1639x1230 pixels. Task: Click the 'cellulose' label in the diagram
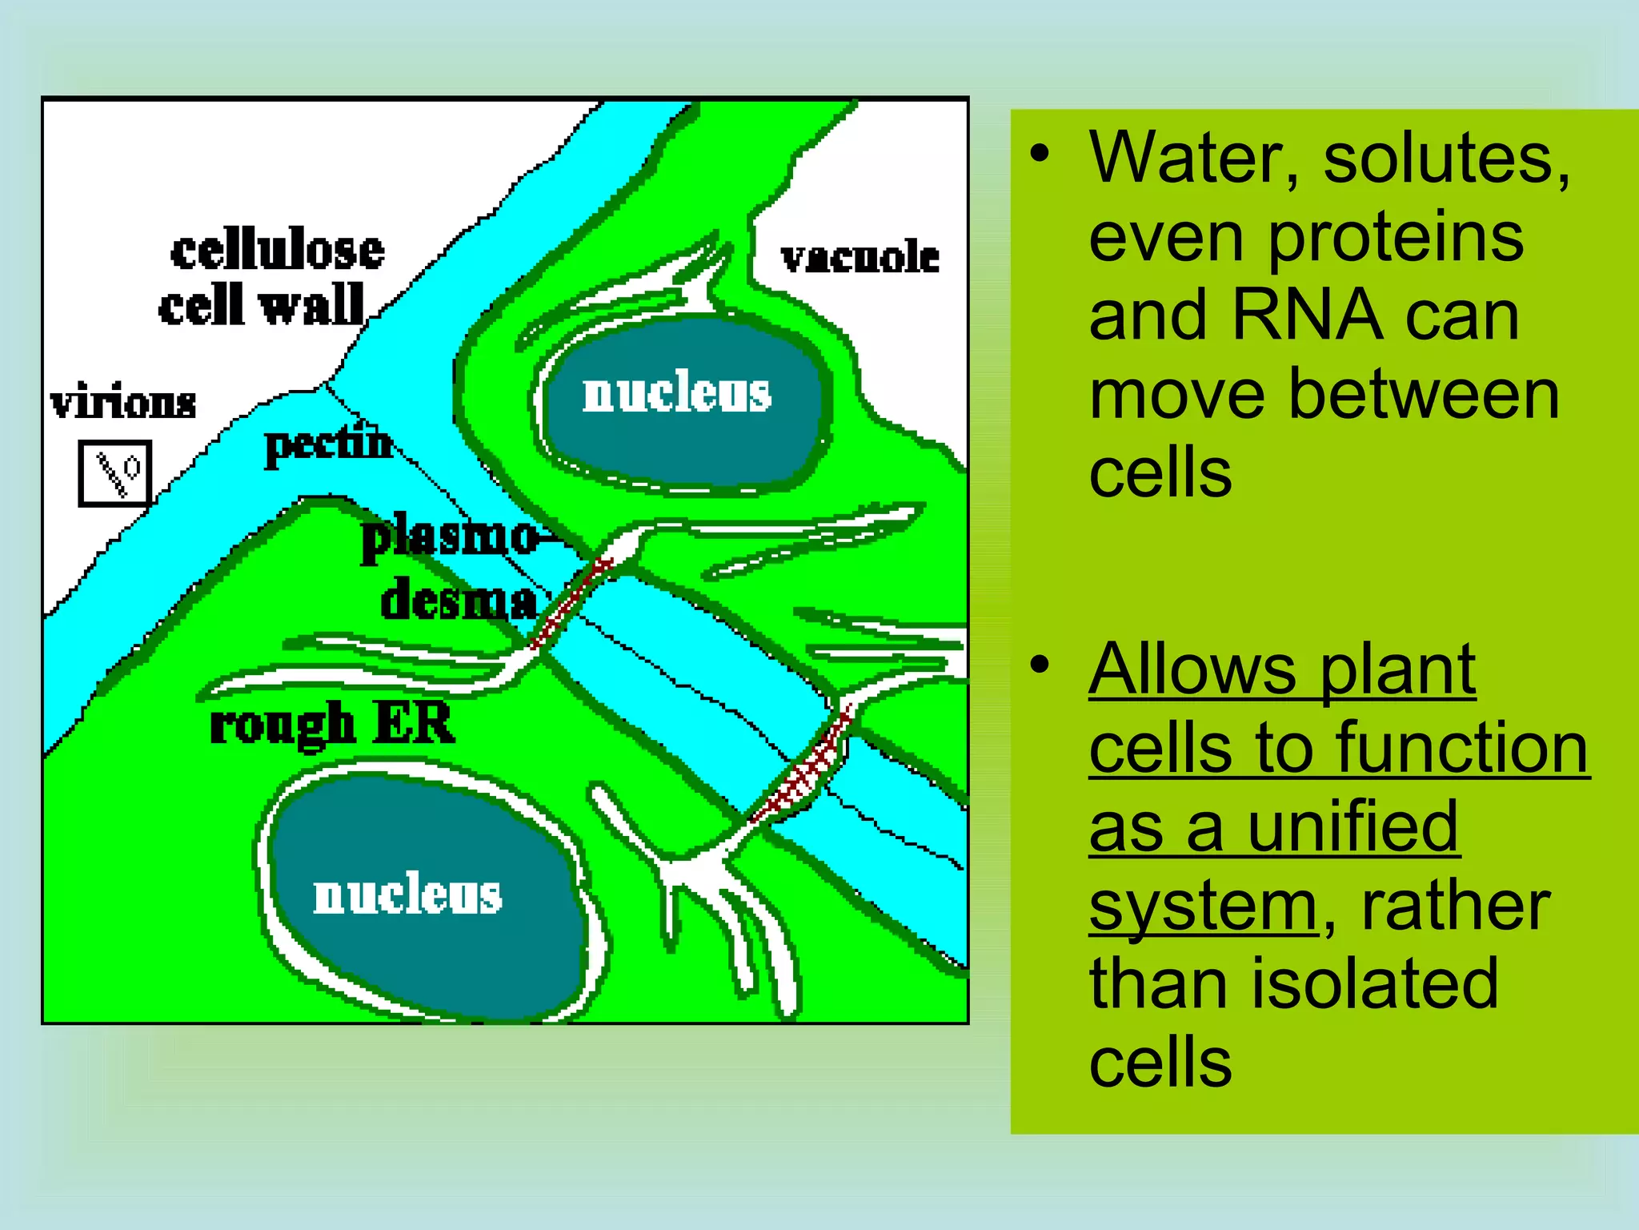click(x=277, y=251)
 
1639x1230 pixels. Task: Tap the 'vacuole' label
click(x=860, y=258)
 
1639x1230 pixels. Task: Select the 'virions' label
click(x=123, y=402)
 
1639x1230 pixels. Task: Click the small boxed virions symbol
click(x=115, y=473)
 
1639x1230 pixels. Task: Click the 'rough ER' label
click(x=331, y=724)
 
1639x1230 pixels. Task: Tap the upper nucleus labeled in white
click(x=677, y=394)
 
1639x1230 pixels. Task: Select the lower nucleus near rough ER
click(x=408, y=895)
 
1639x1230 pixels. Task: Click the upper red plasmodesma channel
click(x=572, y=601)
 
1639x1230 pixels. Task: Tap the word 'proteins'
click(x=1396, y=237)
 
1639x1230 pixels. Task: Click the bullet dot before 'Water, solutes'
click(x=1039, y=153)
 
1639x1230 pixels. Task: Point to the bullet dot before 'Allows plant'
click(x=1039, y=664)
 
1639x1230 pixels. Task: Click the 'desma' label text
click(x=459, y=602)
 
